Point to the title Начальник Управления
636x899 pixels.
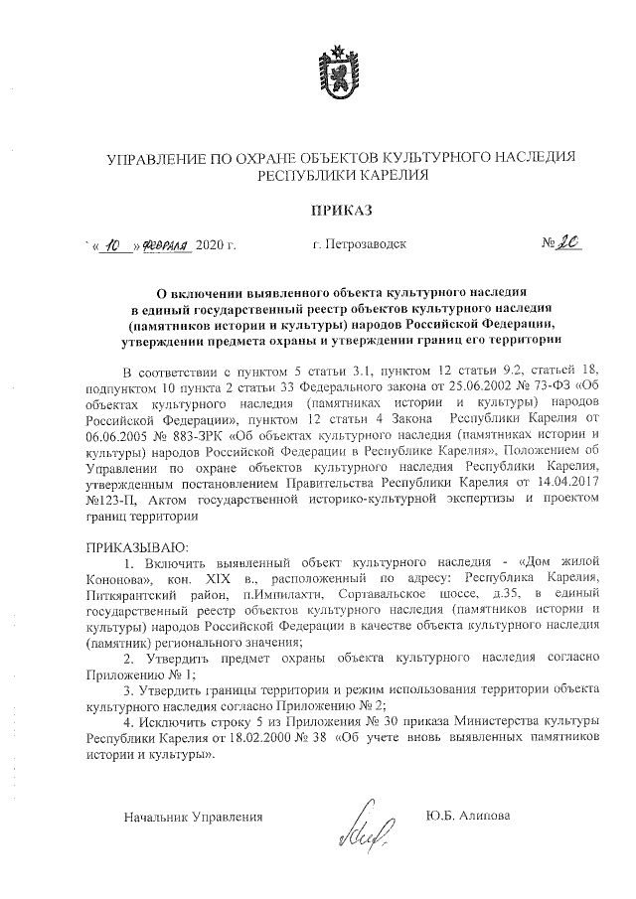pos(193,817)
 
